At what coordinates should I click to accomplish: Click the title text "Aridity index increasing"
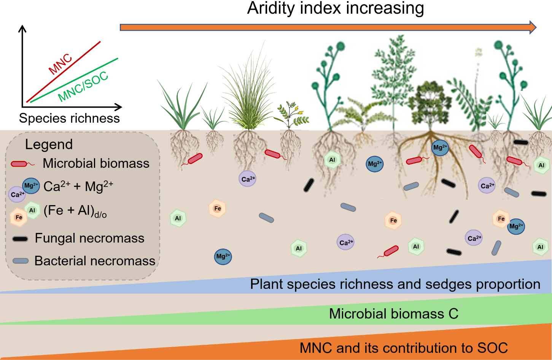(335, 8)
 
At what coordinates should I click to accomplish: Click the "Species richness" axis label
(69, 118)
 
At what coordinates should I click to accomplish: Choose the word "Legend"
(49, 144)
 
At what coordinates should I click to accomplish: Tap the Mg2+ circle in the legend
(31, 186)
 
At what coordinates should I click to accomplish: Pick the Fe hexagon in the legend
(18, 217)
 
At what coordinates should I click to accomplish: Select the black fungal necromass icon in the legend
(20, 239)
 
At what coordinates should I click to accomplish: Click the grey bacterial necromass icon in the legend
(21, 261)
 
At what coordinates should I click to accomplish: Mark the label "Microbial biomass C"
(393, 314)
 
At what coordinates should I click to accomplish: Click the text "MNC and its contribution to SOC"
(404, 348)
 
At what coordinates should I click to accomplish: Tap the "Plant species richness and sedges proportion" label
(395, 284)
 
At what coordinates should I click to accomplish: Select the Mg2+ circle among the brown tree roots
(440, 148)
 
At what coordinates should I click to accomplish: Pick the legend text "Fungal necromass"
(89, 238)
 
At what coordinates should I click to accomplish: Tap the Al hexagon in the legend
(32, 210)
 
